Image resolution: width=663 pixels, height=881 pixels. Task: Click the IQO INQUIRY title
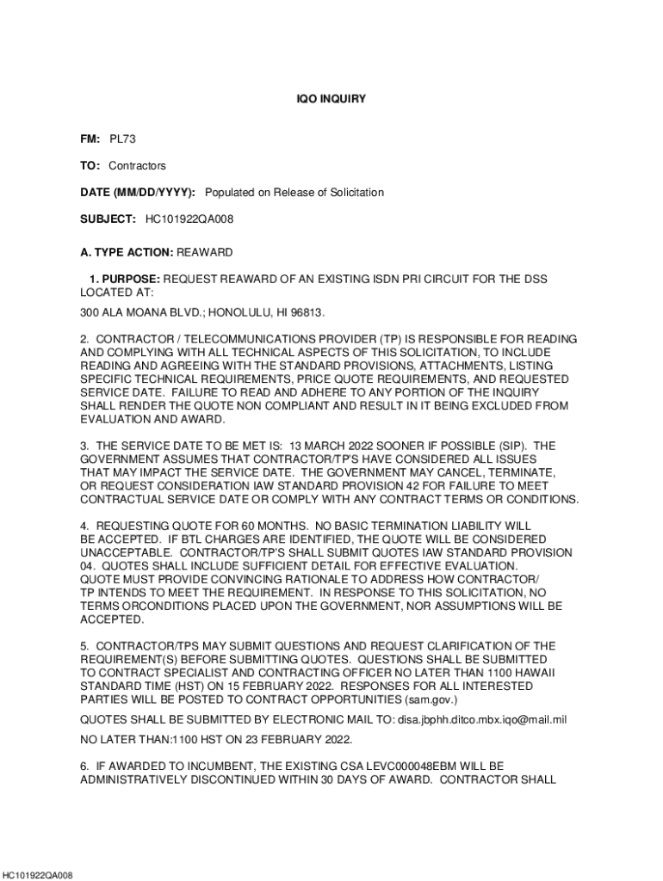pyautogui.click(x=331, y=100)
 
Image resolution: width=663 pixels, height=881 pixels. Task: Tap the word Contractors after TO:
pyautogui.click(x=137, y=165)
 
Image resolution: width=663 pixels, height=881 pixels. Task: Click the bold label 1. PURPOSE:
pyautogui.click(x=125, y=280)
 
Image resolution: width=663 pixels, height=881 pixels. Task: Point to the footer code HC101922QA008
pyautogui.click(x=36, y=875)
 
